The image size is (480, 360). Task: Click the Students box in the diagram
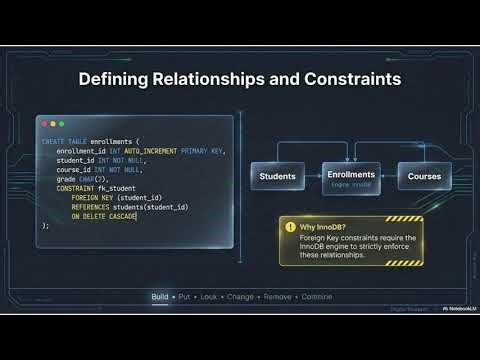pyautogui.click(x=277, y=177)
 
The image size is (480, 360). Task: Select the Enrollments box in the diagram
pyautogui.click(x=351, y=176)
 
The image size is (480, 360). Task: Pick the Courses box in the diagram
pyautogui.click(x=424, y=177)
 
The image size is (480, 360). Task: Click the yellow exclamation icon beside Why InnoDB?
pyautogui.click(x=290, y=227)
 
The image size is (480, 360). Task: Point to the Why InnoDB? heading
pyautogui.click(x=322, y=227)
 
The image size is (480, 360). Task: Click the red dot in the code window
pyautogui.click(x=44, y=123)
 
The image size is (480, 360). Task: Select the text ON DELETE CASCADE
pyautogui.click(x=103, y=216)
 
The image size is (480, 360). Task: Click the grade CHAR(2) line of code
pyautogui.click(x=81, y=179)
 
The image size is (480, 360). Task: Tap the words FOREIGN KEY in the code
pyautogui.click(x=92, y=197)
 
